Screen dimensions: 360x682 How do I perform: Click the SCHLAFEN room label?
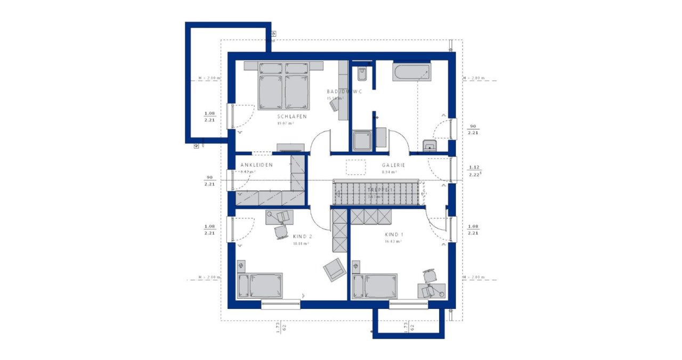(x=291, y=117)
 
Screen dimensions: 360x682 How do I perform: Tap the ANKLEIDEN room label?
(x=256, y=165)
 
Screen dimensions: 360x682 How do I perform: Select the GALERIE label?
(x=393, y=165)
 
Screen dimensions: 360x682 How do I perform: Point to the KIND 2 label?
(x=302, y=236)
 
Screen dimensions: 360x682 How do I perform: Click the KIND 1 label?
(x=395, y=234)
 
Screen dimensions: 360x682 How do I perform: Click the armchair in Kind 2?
(x=335, y=269)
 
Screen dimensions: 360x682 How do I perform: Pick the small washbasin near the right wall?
(x=429, y=145)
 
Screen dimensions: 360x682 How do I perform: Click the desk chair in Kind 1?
(x=429, y=275)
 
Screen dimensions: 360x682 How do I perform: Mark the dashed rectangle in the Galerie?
(x=355, y=167)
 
